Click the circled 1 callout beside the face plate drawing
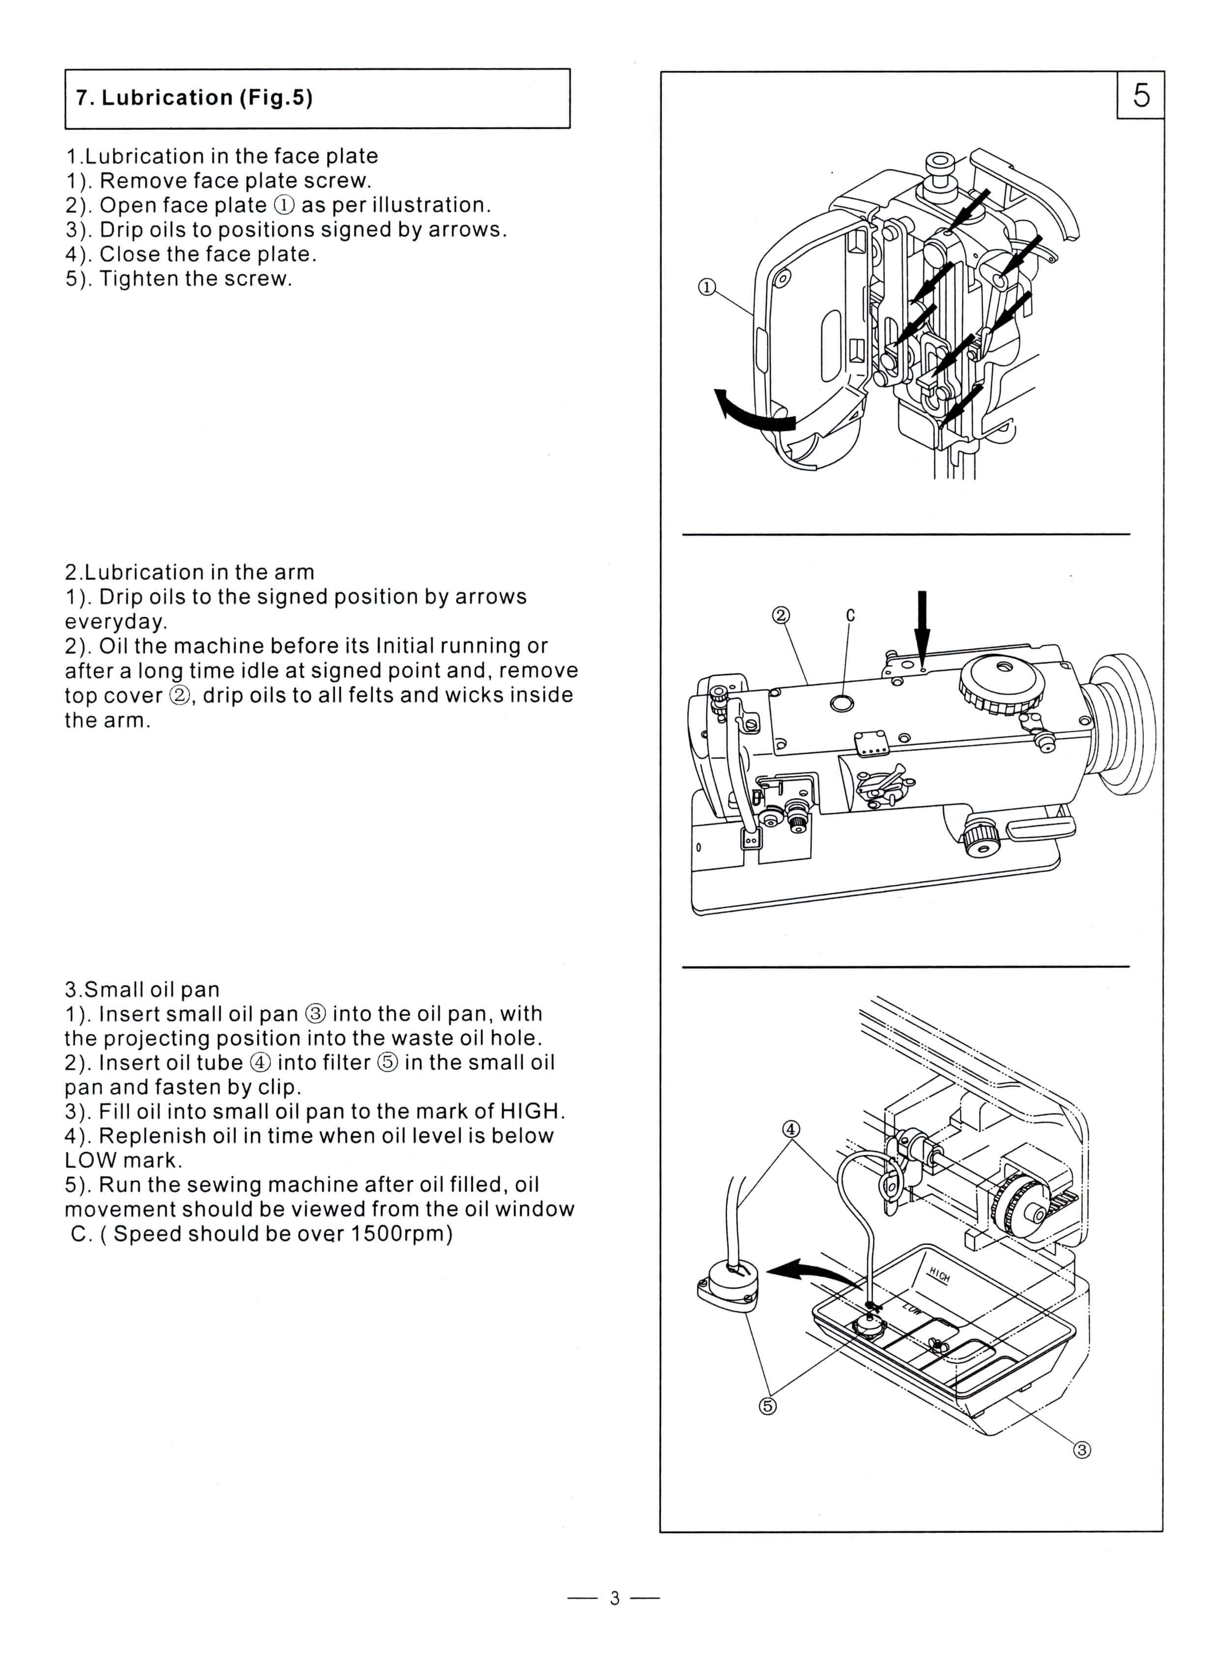click(707, 287)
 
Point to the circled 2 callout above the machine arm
click(781, 615)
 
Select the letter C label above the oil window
click(850, 615)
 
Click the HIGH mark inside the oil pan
click(939, 1274)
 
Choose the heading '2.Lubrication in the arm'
click(190, 572)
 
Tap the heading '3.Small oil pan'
click(143, 989)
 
